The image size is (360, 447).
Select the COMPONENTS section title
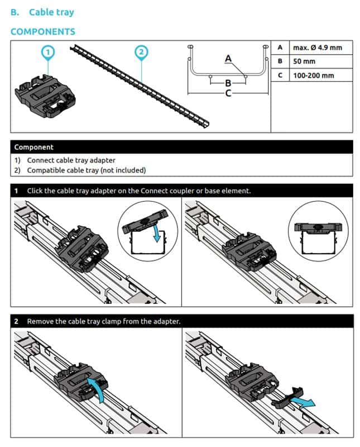(x=42, y=32)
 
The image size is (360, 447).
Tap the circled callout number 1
(x=49, y=52)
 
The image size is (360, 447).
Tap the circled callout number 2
(x=141, y=52)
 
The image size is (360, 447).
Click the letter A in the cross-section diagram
(x=228, y=58)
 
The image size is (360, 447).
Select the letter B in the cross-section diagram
(x=228, y=83)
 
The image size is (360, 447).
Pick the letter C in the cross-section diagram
(x=228, y=93)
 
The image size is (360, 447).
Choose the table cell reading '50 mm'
(x=304, y=61)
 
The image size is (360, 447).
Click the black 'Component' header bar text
(x=34, y=148)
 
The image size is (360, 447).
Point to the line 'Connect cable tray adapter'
(x=71, y=160)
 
